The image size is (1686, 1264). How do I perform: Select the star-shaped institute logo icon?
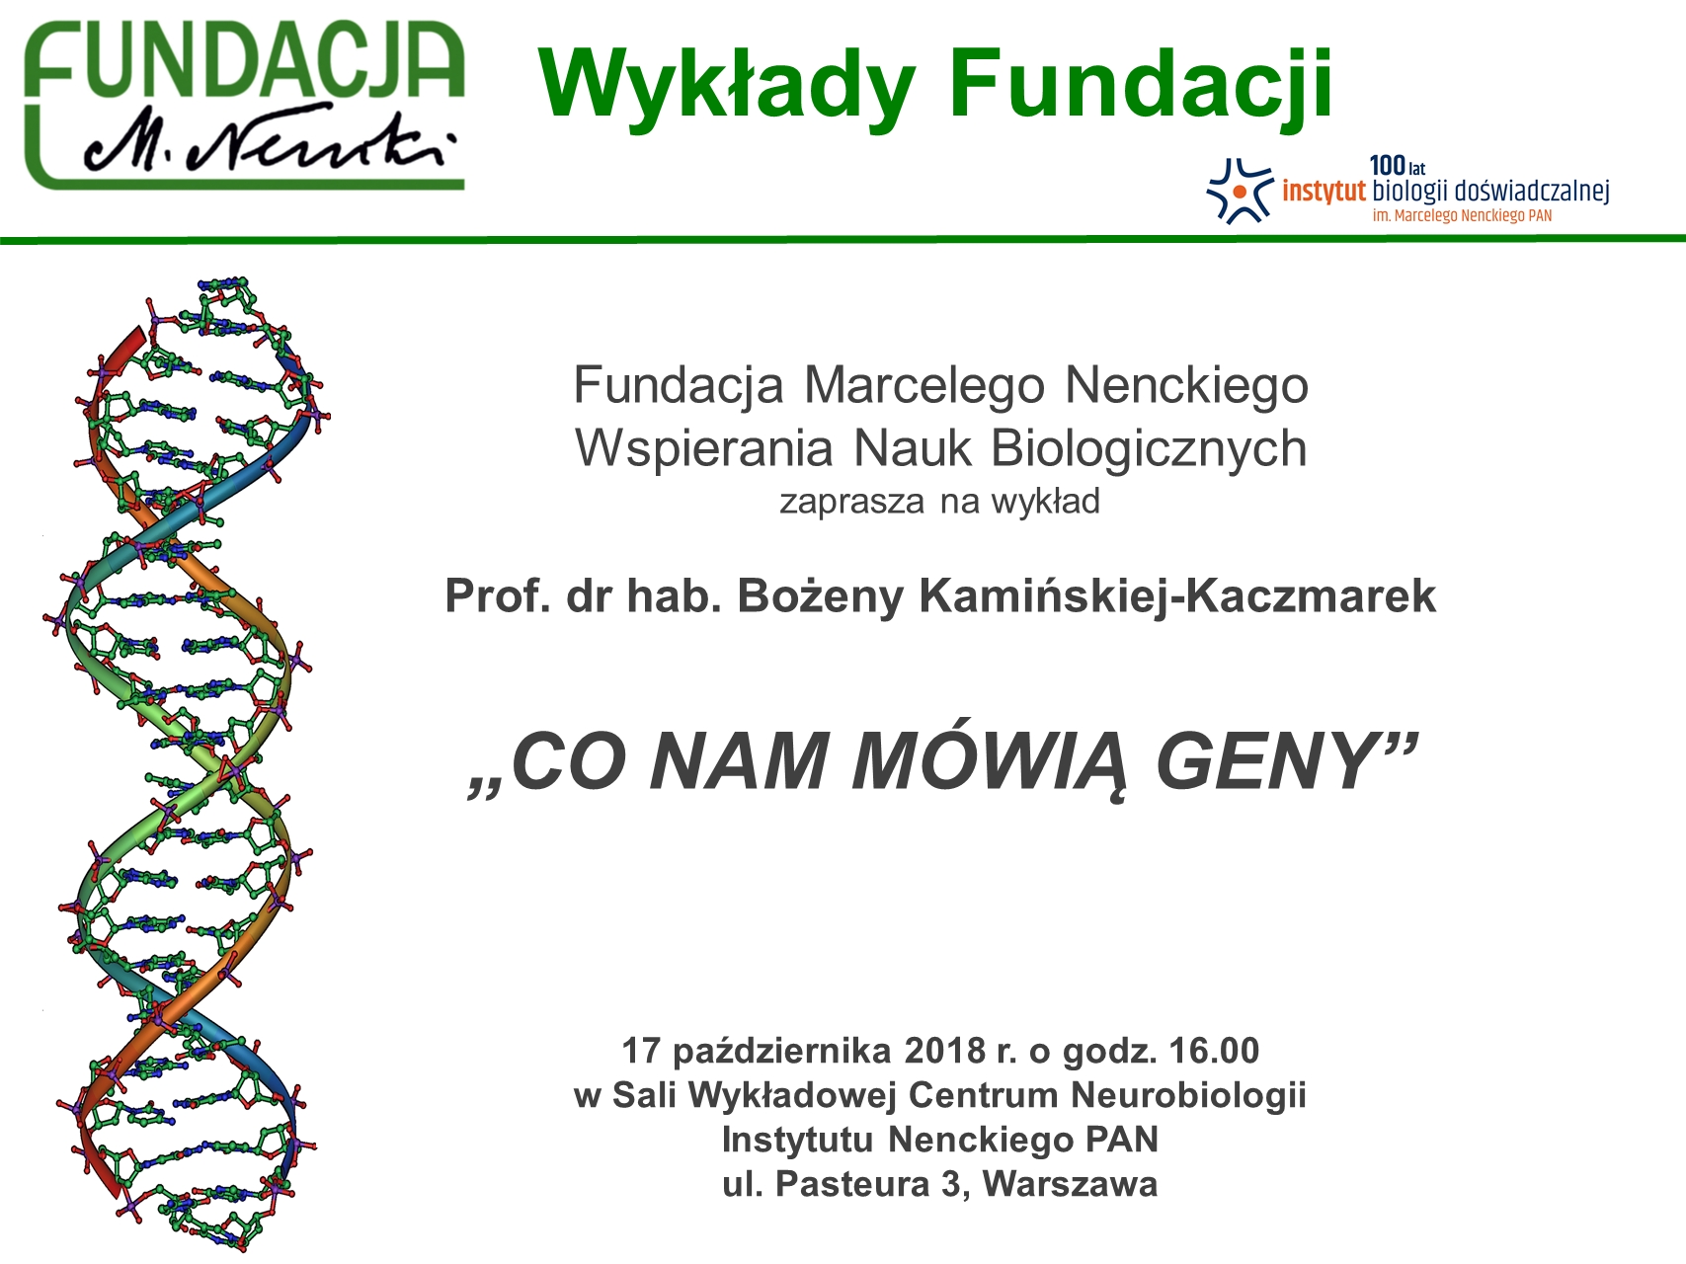point(1240,191)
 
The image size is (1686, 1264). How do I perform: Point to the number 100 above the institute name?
point(1387,167)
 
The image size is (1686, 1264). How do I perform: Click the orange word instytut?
point(1324,191)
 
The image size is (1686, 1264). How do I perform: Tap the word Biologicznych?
point(1149,448)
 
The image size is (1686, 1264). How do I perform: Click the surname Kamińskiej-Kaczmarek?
point(1177,596)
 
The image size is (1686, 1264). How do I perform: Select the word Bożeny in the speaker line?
point(820,596)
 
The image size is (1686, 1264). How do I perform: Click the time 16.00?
point(1214,1051)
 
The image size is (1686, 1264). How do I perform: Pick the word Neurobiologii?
point(1188,1096)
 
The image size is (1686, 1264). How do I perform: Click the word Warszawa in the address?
point(1070,1184)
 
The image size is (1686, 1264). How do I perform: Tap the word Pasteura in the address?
point(852,1184)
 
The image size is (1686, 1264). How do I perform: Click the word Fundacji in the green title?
point(1141,87)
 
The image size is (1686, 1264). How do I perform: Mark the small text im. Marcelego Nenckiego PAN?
point(1462,215)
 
